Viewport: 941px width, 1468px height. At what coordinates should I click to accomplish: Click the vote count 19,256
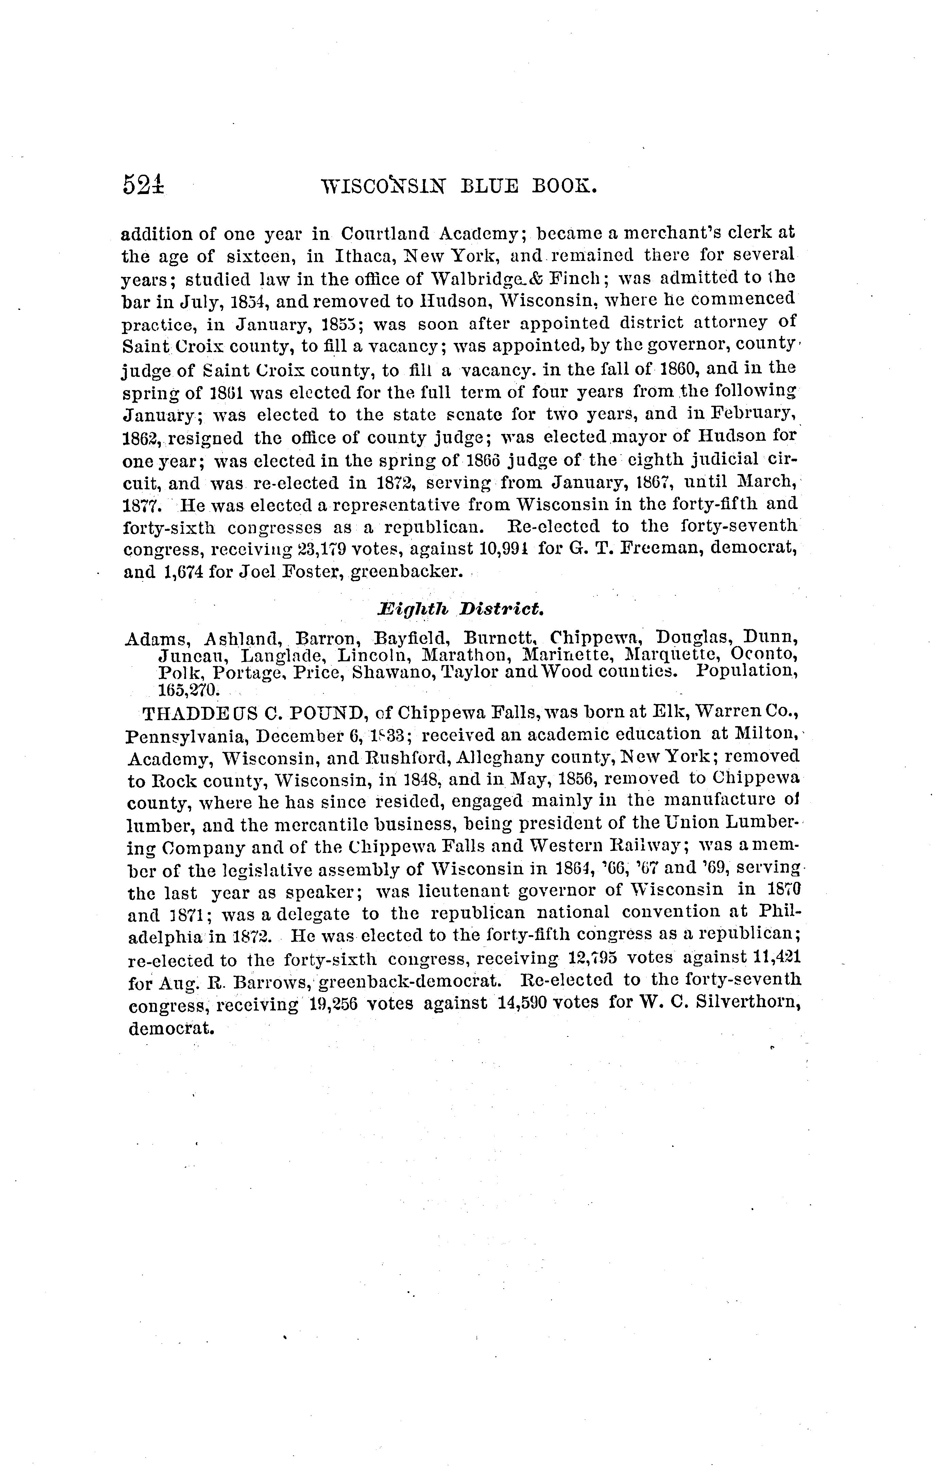click(333, 1003)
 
